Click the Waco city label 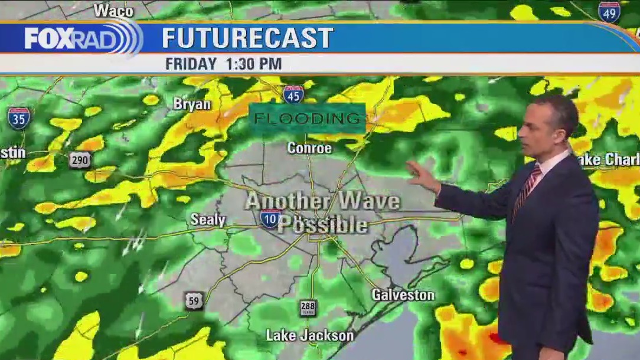click(x=113, y=10)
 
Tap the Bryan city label click(x=192, y=104)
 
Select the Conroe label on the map click(x=309, y=148)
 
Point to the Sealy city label click(x=208, y=220)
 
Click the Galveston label click(x=403, y=294)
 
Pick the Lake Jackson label click(x=309, y=336)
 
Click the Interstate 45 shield click(x=293, y=94)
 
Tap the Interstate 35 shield click(x=18, y=118)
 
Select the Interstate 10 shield click(x=270, y=218)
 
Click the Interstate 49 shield click(x=609, y=12)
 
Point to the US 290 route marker click(x=80, y=160)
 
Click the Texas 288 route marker click(x=308, y=307)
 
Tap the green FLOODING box click(x=307, y=118)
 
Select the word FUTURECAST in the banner click(x=247, y=38)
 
